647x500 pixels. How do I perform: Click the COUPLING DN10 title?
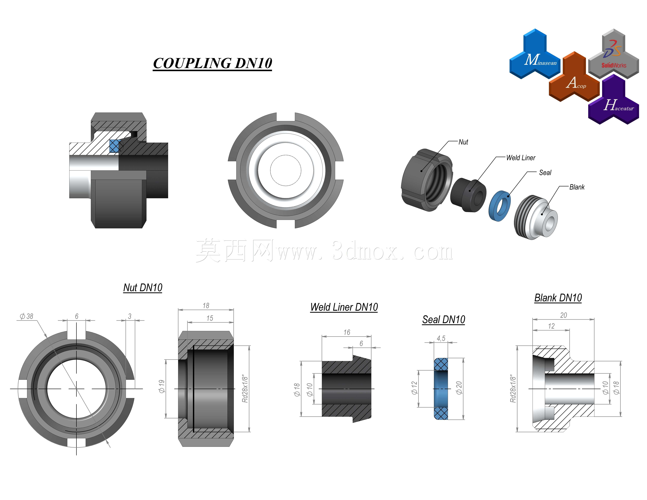pyautogui.click(x=212, y=63)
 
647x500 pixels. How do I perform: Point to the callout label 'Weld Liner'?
pyautogui.click(x=521, y=158)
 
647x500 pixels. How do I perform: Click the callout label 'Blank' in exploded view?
pyautogui.click(x=577, y=187)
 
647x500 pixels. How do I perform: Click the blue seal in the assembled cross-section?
pyautogui.click(x=114, y=146)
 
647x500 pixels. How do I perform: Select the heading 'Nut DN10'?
pyautogui.click(x=143, y=287)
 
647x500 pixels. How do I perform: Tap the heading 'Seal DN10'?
pyautogui.click(x=443, y=320)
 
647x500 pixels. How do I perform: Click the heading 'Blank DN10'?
pyautogui.click(x=558, y=298)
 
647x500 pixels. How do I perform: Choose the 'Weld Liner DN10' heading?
pyautogui.click(x=344, y=307)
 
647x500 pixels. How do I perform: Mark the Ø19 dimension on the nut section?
pyautogui.click(x=161, y=386)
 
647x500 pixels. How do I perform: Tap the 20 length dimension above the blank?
pyautogui.click(x=563, y=315)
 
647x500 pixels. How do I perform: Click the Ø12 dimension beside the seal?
pyautogui.click(x=414, y=388)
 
